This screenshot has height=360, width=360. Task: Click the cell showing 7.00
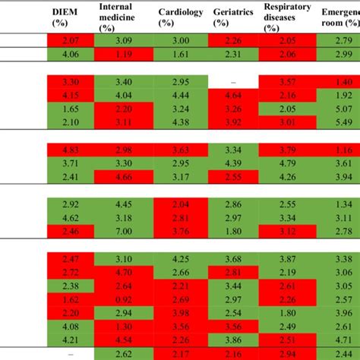coord(125,232)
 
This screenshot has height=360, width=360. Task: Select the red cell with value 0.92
coord(125,300)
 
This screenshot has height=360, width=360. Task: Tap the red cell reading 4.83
coord(70,150)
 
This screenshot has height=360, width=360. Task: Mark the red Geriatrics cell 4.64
coord(234,96)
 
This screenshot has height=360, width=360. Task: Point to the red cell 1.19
coord(125,55)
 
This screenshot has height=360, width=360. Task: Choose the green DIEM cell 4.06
coord(70,55)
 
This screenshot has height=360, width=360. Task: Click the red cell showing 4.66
coord(125,177)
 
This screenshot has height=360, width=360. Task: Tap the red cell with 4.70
coord(125,273)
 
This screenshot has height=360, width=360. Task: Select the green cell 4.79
coord(287,163)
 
